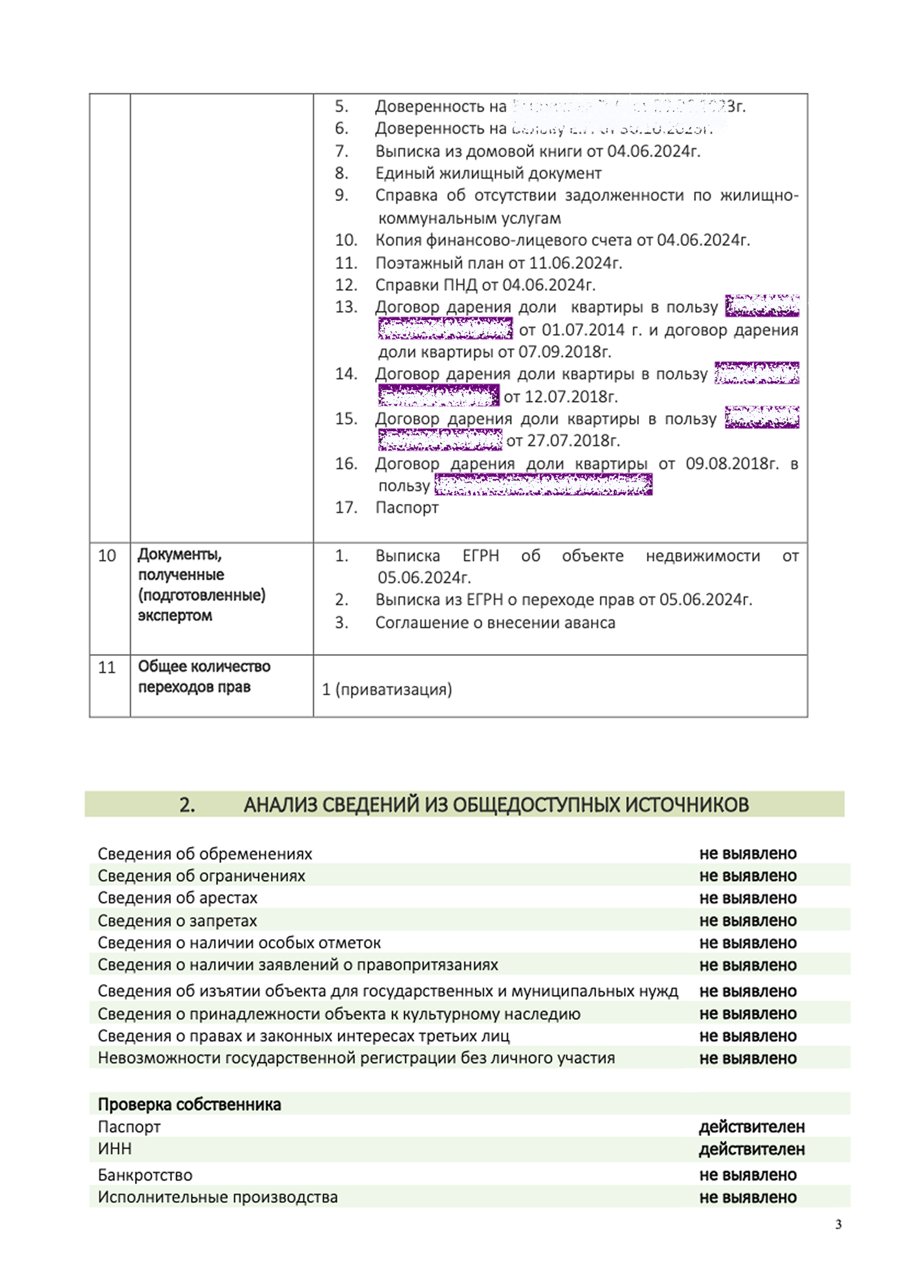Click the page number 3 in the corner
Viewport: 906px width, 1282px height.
(838, 1224)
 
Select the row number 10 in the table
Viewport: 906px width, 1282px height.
(107, 556)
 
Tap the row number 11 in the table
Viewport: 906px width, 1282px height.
(107, 667)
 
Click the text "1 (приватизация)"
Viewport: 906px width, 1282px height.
(387, 690)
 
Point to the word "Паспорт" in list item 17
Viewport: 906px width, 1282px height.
(407, 508)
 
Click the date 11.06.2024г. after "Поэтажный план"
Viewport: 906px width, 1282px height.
(575, 263)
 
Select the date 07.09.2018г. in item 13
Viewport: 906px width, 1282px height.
(565, 352)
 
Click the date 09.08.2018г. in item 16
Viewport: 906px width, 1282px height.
(732, 464)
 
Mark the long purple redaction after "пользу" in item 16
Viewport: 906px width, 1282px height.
(543, 485)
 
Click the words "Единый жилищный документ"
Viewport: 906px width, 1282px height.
(488, 174)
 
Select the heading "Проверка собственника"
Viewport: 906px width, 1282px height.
(189, 1104)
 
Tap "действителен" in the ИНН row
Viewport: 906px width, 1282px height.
(751, 1149)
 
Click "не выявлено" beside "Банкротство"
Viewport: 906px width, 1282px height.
(748, 1175)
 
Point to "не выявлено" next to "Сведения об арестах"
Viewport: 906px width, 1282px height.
(748, 898)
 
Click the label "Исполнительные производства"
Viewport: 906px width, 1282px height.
(218, 1197)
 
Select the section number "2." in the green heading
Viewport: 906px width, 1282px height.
(187, 805)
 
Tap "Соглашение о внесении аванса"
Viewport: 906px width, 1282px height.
(495, 623)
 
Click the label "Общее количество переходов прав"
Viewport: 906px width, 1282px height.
(204, 677)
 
